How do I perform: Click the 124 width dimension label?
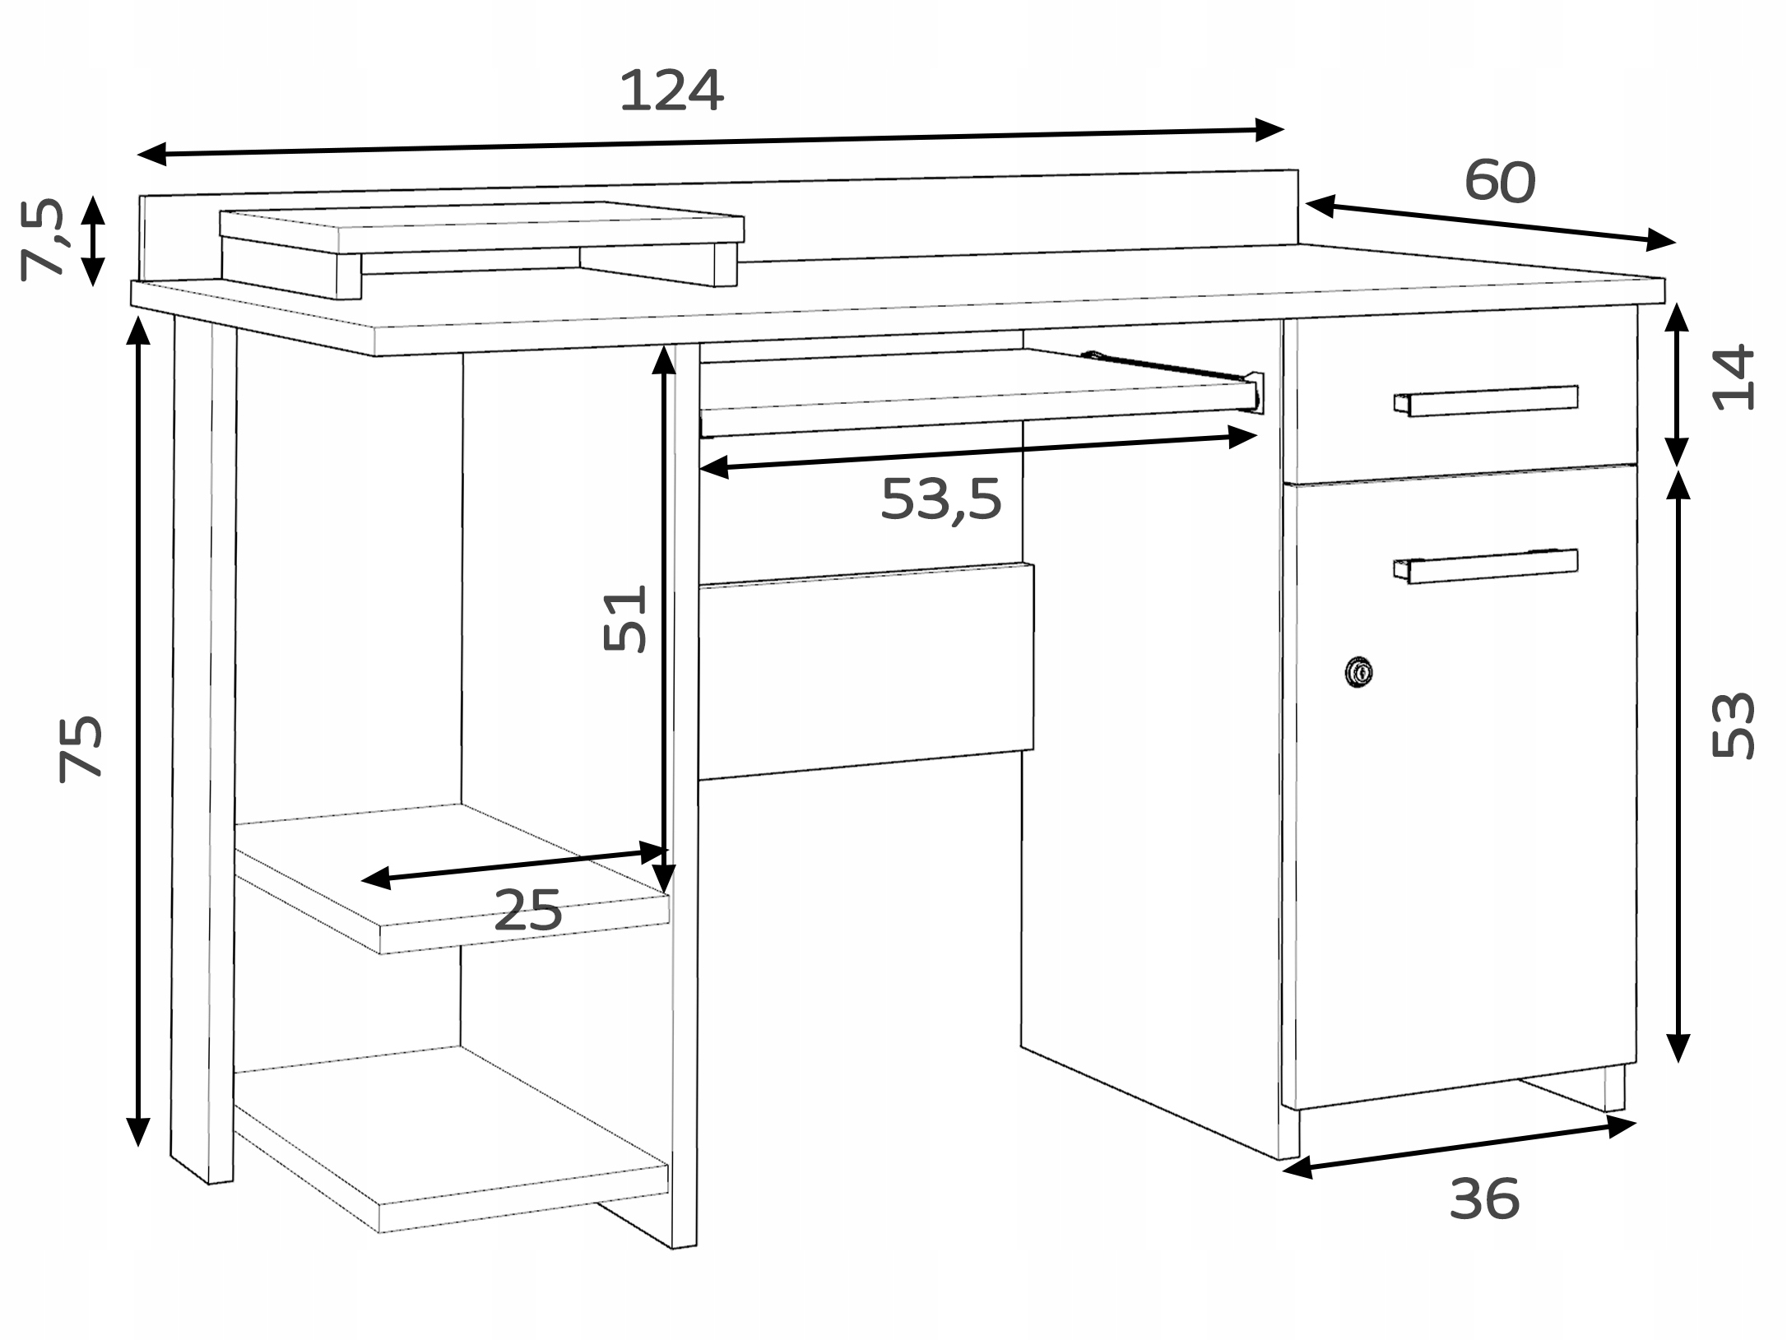coord(671,90)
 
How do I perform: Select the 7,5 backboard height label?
coord(41,240)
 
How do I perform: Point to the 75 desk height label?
coord(80,749)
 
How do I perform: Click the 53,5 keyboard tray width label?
coord(940,498)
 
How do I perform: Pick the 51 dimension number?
coord(625,618)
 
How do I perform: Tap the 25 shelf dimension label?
coord(527,910)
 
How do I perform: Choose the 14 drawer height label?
coord(1733,378)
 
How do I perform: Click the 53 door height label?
coord(1733,725)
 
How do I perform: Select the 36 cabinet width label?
coord(1484,1199)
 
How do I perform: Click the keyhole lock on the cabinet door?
coord(1358,672)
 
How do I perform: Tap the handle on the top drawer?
coord(1486,401)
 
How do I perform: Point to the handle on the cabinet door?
coord(1486,565)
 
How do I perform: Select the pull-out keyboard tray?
coord(979,391)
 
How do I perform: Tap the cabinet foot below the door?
coord(1614,1088)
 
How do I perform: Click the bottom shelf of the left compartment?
coord(450,1138)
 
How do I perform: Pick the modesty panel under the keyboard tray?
coord(866,670)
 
